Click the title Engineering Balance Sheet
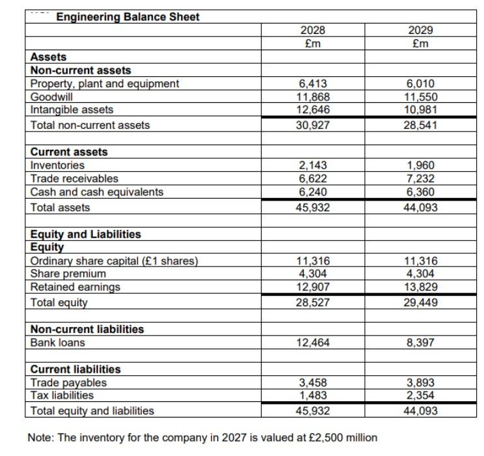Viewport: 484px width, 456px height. tap(128, 17)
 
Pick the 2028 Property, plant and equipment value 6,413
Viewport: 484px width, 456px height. tap(313, 84)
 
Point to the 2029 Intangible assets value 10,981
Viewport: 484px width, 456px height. tap(420, 109)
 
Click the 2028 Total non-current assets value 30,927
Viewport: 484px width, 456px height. tap(313, 124)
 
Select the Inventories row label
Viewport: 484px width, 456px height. tap(58, 165)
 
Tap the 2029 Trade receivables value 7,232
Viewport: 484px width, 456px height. tap(420, 178)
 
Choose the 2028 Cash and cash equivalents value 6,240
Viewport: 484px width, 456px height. tap(313, 192)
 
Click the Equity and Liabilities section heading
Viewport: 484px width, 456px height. tap(86, 234)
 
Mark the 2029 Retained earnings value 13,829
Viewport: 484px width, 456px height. tap(420, 287)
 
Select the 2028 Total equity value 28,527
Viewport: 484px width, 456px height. tap(313, 303)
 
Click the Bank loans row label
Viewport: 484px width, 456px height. tap(58, 343)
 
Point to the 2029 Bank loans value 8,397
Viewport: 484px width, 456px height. tap(420, 343)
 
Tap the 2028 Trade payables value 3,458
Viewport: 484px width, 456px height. tap(313, 383)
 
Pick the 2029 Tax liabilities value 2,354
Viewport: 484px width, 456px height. tap(420, 395)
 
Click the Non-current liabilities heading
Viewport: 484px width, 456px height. tap(87, 329)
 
